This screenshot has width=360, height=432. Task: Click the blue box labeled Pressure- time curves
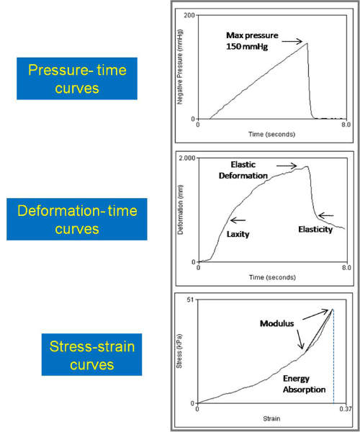[x=77, y=78]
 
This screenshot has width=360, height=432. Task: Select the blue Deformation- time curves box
[x=77, y=219]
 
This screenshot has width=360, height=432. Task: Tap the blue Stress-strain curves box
[x=91, y=354]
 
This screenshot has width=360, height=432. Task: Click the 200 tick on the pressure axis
[x=189, y=15]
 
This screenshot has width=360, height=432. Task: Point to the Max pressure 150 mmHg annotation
[x=252, y=41]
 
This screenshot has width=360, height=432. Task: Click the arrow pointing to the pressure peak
[x=292, y=42]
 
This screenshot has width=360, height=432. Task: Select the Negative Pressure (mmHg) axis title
[x=180, y=67]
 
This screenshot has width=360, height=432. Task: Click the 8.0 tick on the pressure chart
[x=346, y=125]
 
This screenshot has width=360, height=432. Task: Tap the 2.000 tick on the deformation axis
[x=186, y=158]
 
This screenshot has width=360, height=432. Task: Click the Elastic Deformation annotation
[x=243, y=170]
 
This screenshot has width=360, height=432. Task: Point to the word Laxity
[x=238, y=234]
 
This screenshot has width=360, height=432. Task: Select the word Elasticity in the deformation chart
[x=315, y=229]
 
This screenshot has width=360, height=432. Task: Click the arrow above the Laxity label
[x=238, y=220]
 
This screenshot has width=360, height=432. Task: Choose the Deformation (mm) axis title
[x=181, y=210]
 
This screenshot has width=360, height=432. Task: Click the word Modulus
[x=276, y=323]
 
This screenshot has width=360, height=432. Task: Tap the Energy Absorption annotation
[x=304, y=384]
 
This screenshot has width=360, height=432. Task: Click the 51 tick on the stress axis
[x=190, y=300]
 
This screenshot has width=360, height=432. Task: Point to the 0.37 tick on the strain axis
[x=345, y=409]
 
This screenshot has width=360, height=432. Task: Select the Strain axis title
[x=271, y=419]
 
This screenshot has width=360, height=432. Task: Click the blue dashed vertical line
[x=333, y=356]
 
